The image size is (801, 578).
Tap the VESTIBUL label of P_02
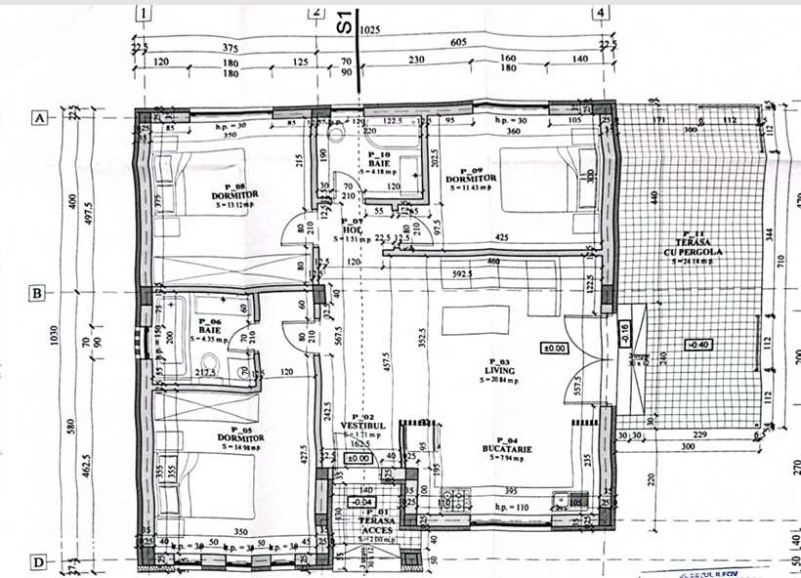(x=358, y=425)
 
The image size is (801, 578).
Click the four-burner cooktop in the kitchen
(x=456, y=500)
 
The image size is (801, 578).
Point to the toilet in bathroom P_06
(x=241, y=369)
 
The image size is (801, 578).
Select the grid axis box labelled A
(x=40, y=117)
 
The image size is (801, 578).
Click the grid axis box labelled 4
(x=601, y=13)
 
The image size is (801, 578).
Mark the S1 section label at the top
(x=344, y=21)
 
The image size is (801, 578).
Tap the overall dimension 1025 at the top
(x=369, y=30)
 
